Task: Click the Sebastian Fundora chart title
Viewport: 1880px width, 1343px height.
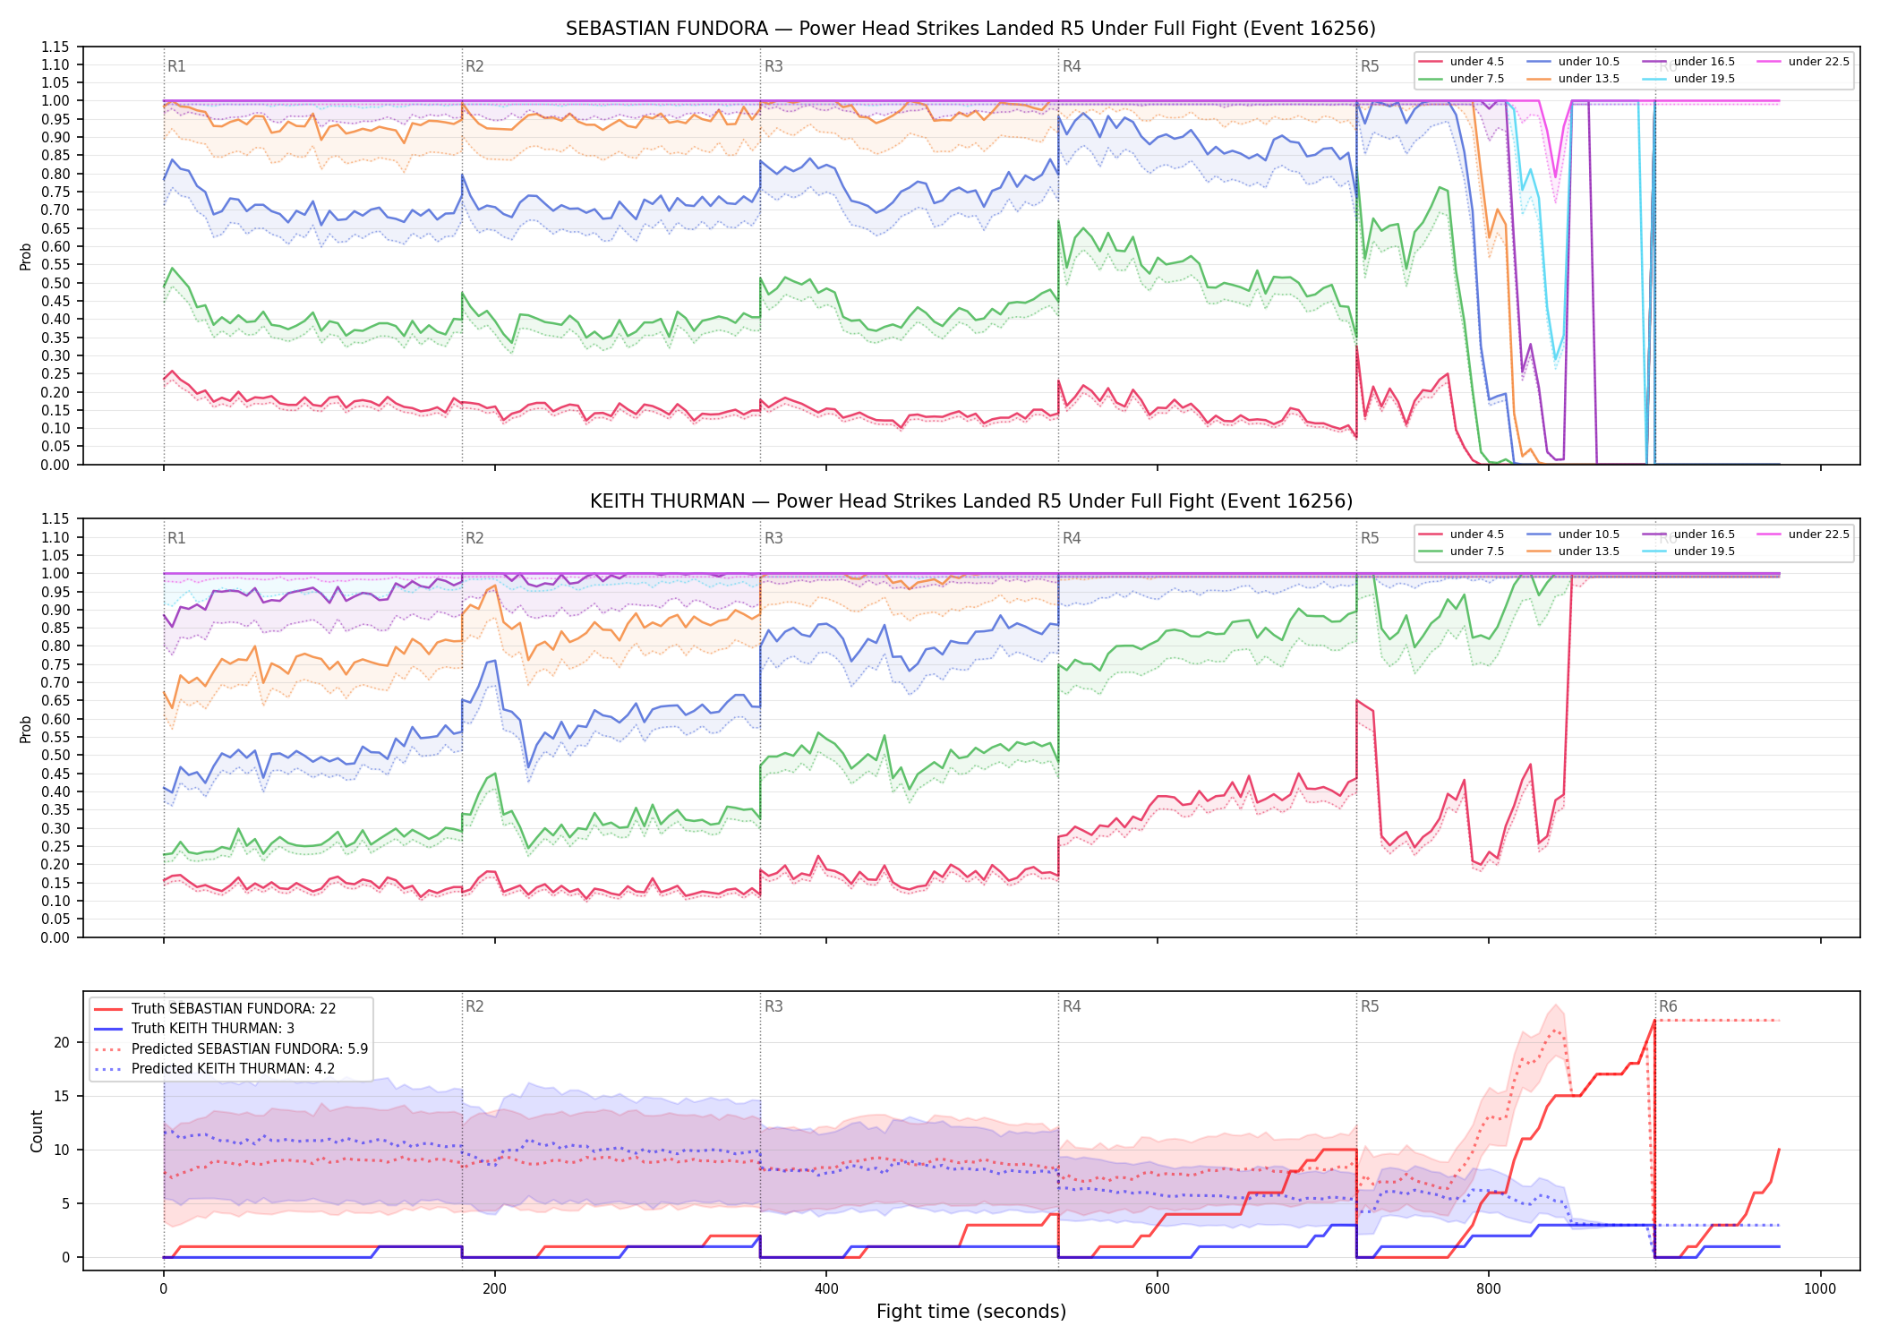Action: tap(970, 29)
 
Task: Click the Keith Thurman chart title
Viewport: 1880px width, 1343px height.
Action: tap(970, 501)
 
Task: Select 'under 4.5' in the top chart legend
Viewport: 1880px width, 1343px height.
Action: tap(1476, 62)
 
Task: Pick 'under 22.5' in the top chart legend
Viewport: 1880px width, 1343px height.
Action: tap(1818, 62)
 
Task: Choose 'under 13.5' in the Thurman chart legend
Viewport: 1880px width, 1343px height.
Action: tap(1588, 552)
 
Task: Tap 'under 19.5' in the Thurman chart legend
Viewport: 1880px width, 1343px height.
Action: tap(1704, 552)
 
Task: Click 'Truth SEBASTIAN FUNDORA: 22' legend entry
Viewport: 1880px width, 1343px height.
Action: tap(234, 1009)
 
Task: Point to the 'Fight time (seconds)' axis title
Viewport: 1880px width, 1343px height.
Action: tap(971, 1312)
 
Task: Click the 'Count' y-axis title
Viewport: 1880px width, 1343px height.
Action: tap(37, 1131)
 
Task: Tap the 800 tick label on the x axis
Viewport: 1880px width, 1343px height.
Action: tap(1489, 1289)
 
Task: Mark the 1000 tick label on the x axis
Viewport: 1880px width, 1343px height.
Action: tap(1820, 1289)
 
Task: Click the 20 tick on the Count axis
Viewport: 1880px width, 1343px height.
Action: tap(62, 1042)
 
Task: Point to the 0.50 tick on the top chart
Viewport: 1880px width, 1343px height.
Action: tap(56, 283)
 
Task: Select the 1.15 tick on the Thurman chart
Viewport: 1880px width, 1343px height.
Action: tap(56, 519)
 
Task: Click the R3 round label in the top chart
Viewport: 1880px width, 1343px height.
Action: tap(773, 66)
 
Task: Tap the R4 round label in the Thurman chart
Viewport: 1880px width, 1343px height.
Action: tap(1072, 538)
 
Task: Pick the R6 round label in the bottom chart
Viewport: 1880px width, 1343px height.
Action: tap(1668, 1006)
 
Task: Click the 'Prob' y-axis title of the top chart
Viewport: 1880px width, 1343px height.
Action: tap(26, 257)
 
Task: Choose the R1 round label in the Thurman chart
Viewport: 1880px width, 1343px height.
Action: tap(176, 538)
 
